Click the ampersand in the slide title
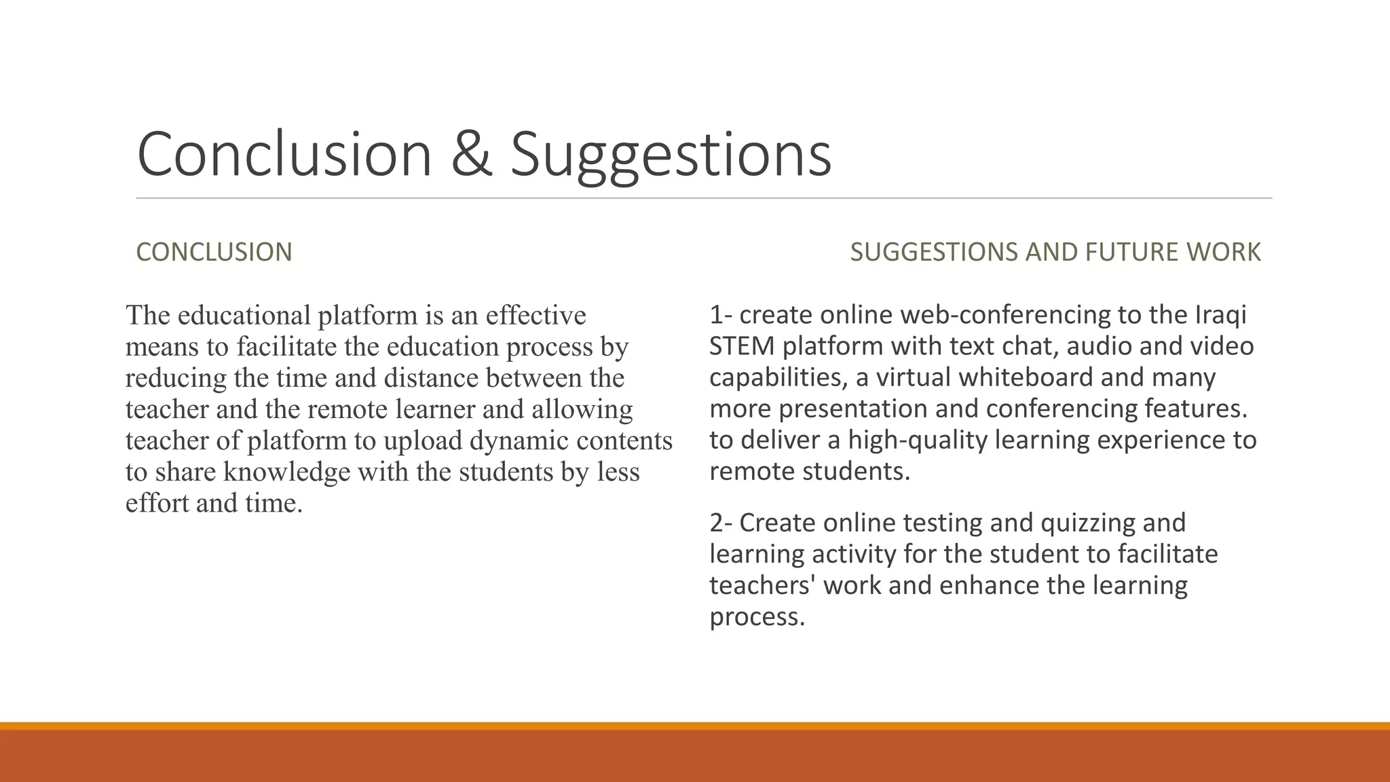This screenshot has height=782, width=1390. pos(471,154)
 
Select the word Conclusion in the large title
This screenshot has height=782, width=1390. pos(284,154)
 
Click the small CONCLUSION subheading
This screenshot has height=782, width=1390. pos(214,252)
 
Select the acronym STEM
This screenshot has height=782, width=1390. pos(742,346)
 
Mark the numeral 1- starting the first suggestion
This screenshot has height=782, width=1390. pos(721,315)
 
